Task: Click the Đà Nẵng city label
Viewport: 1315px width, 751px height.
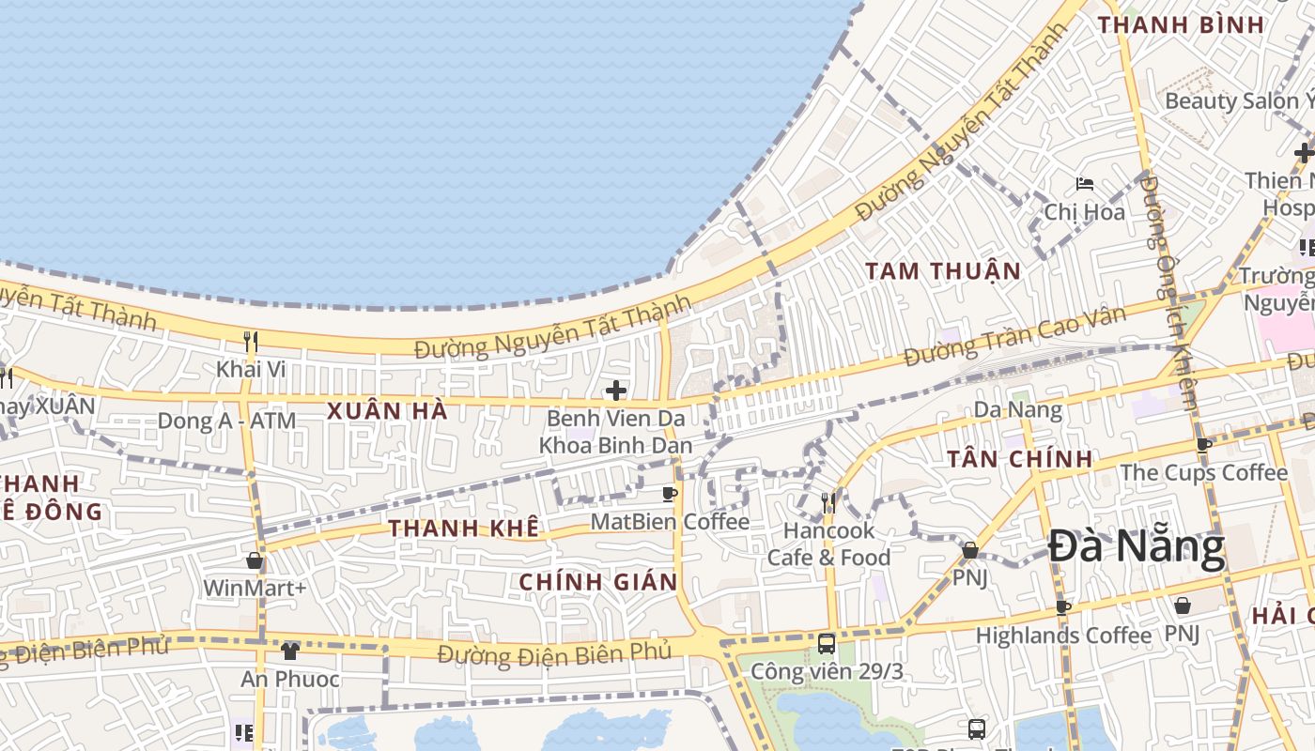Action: tap(1136, 547)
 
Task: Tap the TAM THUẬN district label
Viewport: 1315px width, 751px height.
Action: tap(942, 271)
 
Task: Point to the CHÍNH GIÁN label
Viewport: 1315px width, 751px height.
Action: tap(598, 582)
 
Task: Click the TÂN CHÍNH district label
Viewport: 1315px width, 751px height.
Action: tap(1019, 459)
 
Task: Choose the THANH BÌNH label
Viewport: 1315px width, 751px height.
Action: tap(1182, 25)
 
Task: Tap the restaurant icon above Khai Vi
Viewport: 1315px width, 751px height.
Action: tap(250, 341)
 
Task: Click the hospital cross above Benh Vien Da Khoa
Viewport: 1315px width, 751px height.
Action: tap(616, 390)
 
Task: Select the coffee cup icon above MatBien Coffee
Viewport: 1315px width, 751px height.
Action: tap(670, 494)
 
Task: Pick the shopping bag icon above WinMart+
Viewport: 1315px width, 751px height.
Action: tap(255, 561)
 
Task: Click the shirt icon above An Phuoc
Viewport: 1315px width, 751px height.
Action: tap(290, 651)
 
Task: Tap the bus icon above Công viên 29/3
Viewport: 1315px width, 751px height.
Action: tap(827, 644)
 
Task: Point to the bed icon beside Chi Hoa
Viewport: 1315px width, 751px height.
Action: tap(1085, 184)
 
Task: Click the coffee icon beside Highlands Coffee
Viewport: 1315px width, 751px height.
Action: tap(1063, 607)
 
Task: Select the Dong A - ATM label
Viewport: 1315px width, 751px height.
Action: tap(226, 421)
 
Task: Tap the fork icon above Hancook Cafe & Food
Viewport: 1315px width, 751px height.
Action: tap(828, 502)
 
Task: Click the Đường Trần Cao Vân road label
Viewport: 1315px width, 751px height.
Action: tap(1013, 337)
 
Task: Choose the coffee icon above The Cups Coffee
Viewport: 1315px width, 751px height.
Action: tap(1204, 445)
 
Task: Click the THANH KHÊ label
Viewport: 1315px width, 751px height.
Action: tap(464, 529)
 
